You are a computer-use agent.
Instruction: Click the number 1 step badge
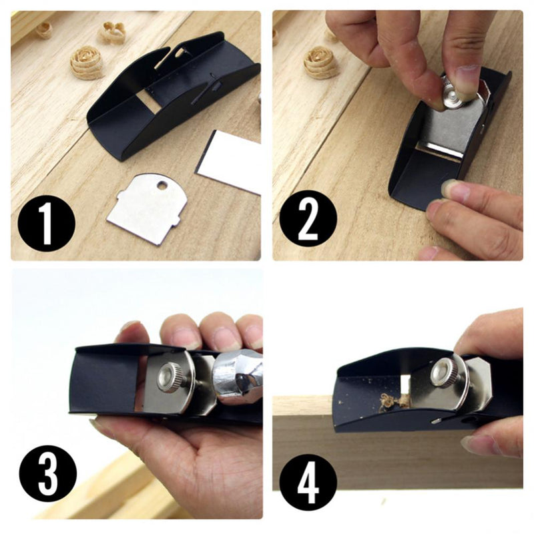[46, 223]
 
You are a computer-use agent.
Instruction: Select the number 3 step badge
[47, 473]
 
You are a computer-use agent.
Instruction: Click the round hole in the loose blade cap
[162, 186]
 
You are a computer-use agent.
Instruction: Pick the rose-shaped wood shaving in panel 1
[87, 62]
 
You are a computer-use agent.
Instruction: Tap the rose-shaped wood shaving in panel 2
[321, 62]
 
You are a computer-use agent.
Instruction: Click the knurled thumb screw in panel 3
[170, 377]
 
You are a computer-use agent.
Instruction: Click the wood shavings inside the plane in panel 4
[391, 402]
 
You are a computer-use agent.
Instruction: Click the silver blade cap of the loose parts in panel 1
[147, 208]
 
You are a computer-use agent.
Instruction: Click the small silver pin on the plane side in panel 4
[436, 422]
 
